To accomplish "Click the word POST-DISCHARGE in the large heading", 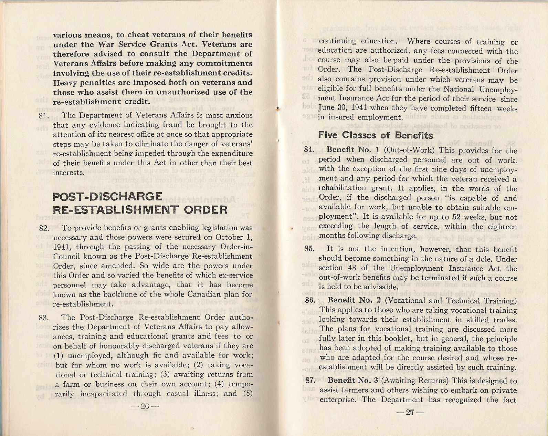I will coord(108,197).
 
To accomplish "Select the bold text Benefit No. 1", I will coord(348,150).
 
